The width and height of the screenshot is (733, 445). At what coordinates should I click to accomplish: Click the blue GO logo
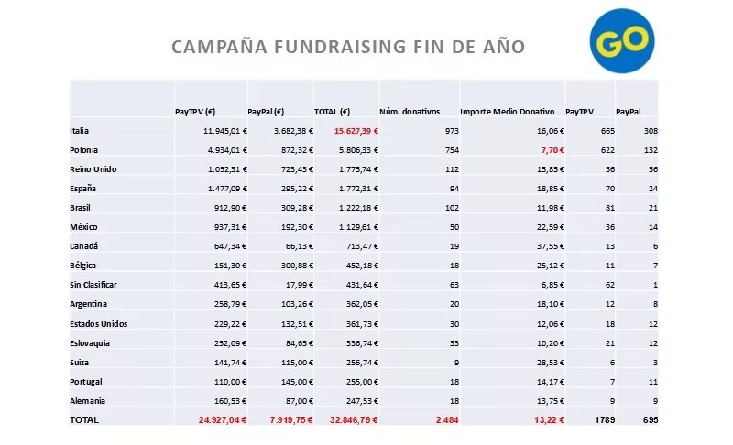[x=622, y=40]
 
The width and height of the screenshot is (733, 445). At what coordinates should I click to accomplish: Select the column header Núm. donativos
[x=410, y=112]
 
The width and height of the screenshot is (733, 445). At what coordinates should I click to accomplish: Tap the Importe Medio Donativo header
[x=508, y=112]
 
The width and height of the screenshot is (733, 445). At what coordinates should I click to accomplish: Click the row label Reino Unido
[x=93, y=169]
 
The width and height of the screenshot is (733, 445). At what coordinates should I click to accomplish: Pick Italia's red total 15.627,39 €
[x=356, y=131]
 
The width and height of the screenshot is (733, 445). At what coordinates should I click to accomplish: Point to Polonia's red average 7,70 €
[x=552, y=150]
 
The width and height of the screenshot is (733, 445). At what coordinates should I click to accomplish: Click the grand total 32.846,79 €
[x=354, y=419]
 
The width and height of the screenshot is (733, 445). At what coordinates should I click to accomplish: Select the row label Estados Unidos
[x=99, y=323]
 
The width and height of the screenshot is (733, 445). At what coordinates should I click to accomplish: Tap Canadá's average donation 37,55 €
[x=551, y=246]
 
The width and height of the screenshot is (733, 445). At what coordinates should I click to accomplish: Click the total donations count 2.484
[x=447, y=419]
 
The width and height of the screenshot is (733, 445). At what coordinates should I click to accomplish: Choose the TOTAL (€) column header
[x=332, y=112]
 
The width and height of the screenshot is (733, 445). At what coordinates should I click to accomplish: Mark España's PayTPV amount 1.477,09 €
[x=227, y=189]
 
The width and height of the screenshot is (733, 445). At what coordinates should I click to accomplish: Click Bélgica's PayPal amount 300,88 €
[x=297, y=266]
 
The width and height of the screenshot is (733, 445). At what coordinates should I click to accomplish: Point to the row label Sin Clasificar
[x=93, y=285]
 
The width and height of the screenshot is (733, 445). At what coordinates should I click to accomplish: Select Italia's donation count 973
[x=452, y=131]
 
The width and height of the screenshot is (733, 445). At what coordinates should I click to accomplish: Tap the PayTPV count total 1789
[x=605, y=419]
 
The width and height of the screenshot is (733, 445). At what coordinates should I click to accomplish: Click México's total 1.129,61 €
[x=358, y=227]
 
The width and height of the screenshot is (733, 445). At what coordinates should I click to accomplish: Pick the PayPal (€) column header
[x=266, y=112]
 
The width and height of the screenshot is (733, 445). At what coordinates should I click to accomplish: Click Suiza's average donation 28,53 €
[x=551, y=363]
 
